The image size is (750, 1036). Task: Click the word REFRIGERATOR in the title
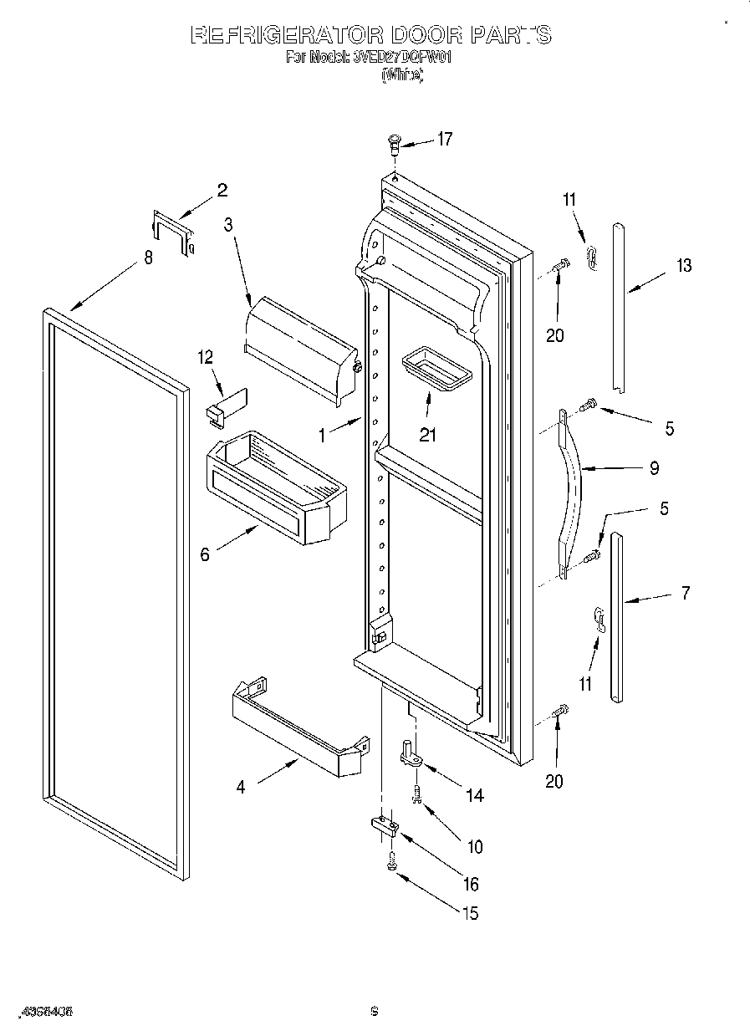point(285,35)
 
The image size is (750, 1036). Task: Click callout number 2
point(222,190)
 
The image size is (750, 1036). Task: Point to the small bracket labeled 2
point(173,232)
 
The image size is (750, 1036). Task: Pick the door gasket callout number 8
point(148,258)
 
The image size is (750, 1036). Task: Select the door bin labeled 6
point(276,489)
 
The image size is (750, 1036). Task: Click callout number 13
point(684,266)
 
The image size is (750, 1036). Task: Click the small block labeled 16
point(384,826)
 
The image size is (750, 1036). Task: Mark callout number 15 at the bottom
point(470,913)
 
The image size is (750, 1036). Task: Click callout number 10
point(474,846)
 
